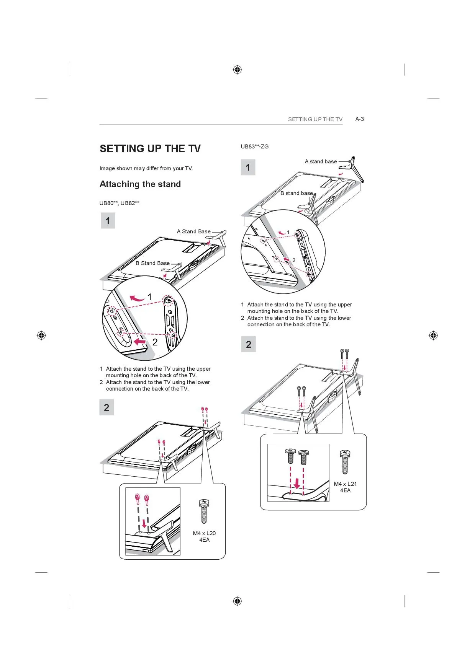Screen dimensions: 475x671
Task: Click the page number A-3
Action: coord(359,119)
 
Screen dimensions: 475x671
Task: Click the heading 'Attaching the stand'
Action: coord(140,184)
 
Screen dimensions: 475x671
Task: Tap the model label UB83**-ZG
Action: coord(255,147)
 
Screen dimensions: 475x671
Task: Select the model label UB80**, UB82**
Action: coord(120,203)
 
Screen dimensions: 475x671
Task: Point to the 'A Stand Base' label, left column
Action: coord(194,231)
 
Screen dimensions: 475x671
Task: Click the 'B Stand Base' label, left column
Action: coord(152,263)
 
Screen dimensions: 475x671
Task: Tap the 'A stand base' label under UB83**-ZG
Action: coord(321,161)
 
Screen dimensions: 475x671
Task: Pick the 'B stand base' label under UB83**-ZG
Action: coord(297,193)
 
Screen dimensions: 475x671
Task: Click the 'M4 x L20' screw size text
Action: coord(204,533)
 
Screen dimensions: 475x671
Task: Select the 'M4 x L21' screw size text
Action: coord(345,484)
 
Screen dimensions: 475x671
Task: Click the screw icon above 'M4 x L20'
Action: coord(204,511)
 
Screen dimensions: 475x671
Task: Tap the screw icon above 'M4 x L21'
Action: coord(345,462)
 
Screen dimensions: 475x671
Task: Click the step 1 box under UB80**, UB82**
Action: coord(108,221)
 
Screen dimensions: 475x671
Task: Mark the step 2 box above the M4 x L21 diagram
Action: coord(248,344)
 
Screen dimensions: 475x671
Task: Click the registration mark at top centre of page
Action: coord(237,70)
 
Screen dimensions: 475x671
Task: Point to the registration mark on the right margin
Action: coord(433,335)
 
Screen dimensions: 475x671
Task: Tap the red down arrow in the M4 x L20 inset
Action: coord(144,523)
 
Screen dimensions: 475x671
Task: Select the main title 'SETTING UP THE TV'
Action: coord(150,149)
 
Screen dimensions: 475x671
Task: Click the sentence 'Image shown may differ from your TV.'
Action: coord(146,168)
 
